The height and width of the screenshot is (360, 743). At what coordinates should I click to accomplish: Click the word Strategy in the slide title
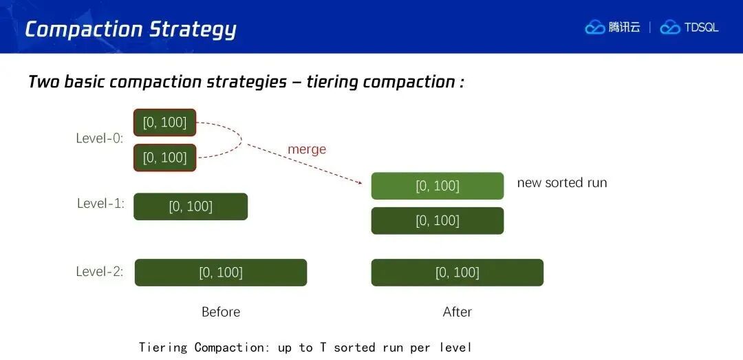coord(193,30)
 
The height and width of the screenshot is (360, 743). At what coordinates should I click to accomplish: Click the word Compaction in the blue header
coord(84,29)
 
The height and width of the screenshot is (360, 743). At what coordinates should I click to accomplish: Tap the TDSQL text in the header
coord(701,28)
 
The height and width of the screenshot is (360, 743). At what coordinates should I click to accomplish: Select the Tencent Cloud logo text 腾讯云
coord(624,28)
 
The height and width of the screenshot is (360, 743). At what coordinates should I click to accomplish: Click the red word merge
coord(307,149)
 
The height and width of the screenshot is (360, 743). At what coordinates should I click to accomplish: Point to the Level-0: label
coord(100,138)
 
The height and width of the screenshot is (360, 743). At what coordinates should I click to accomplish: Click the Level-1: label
coord(100,204)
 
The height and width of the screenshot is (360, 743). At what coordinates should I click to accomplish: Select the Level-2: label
coord(100,272)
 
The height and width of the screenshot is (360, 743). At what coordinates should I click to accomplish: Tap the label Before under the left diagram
coord(221,312)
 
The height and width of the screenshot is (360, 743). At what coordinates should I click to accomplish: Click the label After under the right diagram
coord(457,312)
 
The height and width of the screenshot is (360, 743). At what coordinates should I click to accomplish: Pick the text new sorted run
coord(562,183)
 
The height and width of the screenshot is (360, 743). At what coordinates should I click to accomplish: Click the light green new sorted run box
coord(438,186)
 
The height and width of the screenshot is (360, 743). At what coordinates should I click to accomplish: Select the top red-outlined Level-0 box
coord(165,123)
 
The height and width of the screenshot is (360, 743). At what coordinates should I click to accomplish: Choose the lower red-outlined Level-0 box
coord(165,158)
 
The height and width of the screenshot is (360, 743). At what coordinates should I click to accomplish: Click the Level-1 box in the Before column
coord(191,207)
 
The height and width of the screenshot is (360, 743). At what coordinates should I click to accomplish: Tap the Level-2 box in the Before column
coord(221,273)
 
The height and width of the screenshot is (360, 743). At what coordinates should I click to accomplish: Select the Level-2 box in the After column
coord(457,273)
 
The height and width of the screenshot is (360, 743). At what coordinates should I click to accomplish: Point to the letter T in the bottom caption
coord(322,347)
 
